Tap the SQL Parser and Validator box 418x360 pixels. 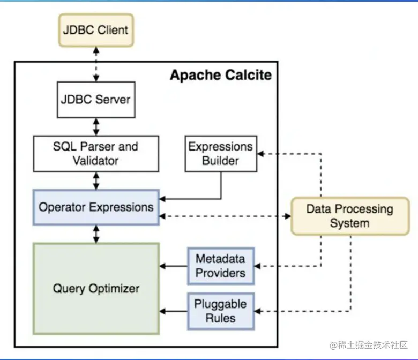(96, 153)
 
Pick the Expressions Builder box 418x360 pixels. (220, 153)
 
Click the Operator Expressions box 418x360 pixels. (96, 207)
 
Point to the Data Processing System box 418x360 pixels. (349, 216)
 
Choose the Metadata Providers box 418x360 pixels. (220, 266)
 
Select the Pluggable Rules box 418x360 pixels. (220, 311)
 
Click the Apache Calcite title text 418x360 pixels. (221, 75)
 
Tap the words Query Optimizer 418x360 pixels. (96, 289)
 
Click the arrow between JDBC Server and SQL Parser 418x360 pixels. (96, 126)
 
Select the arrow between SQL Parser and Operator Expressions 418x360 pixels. (96, 180)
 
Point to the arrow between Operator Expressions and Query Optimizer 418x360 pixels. (96, 234)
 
